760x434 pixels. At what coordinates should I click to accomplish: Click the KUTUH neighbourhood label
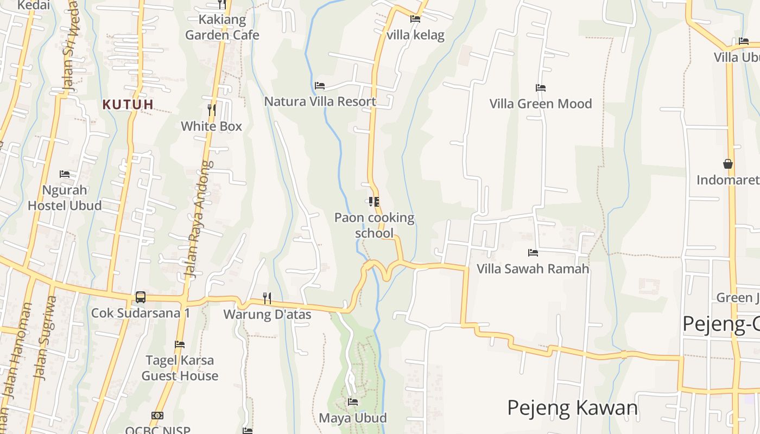pos(128,104)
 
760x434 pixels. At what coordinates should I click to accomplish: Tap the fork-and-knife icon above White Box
pos(212,110)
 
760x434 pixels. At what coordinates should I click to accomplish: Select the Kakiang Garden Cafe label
pos(222,28)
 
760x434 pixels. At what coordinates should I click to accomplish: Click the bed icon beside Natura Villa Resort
pos(320,86)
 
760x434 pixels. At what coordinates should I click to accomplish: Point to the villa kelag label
pos(416,35)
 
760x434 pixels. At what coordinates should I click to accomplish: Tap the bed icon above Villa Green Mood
pos(540,88)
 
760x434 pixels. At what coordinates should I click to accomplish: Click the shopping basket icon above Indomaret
pos(727,164)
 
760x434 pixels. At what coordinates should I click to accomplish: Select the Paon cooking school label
pos(374,225)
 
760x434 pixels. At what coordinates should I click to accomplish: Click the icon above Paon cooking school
pos(373,202)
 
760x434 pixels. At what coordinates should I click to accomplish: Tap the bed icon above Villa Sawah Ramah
pos(533,253)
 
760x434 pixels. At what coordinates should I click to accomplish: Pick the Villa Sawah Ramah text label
pos(533,269)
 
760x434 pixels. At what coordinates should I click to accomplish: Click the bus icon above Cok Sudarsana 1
pos(141,297)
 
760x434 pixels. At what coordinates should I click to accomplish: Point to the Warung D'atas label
pos(267,315)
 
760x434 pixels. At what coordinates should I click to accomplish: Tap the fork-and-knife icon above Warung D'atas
pos(267,298)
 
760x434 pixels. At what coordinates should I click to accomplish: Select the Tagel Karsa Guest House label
pos(180,368)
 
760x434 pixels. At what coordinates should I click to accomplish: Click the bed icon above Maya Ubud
pos(353,402)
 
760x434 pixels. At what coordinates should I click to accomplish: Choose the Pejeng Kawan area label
pos(572,407)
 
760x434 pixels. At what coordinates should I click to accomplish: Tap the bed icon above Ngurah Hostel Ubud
pos(65,174)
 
